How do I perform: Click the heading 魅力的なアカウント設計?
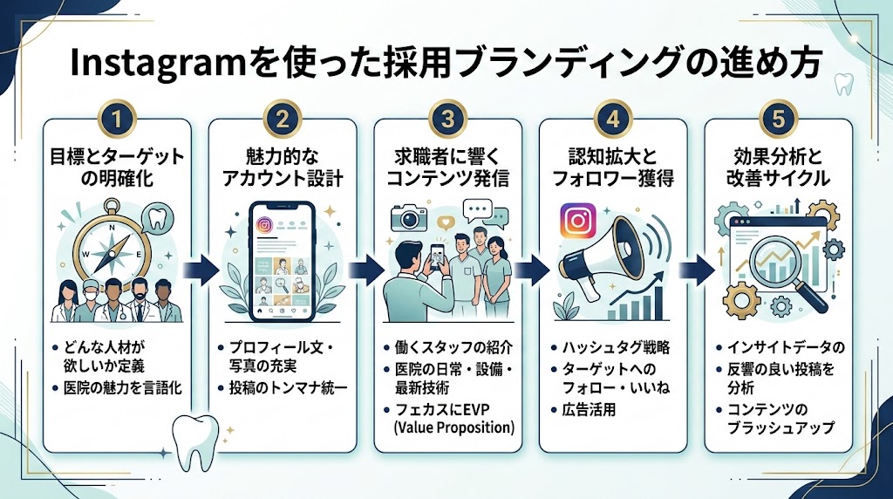tap(282, 166)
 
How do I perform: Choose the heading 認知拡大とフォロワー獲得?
tap(611, 166)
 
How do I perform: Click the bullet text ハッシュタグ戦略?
tap(617, 347)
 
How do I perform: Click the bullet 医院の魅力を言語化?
tap(123, 388)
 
